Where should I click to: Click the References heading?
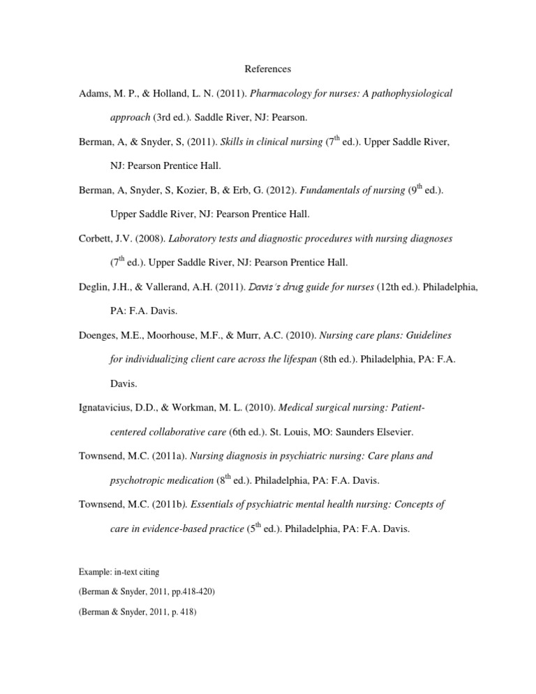[268, 69]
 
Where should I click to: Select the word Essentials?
[215, 504]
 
